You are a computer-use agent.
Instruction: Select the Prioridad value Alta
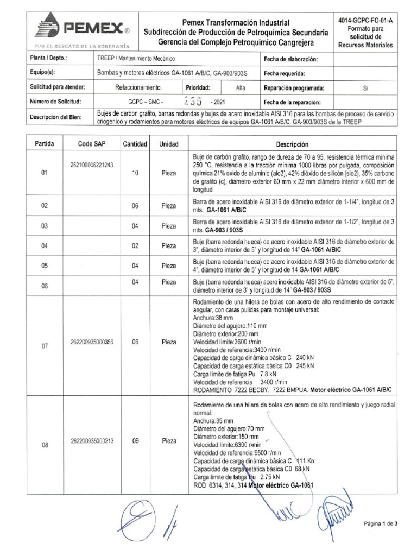tap(241, 87)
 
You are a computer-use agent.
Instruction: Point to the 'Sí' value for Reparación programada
tap(365, 87)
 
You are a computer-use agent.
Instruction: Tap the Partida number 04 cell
tap(45, 246)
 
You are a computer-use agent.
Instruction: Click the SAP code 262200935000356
tap(92, 342)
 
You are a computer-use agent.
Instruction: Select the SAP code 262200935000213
tap(92, 441)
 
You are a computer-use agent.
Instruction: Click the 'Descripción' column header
tap(292, 144)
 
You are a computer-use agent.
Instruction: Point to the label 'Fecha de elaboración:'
tap(290, 59)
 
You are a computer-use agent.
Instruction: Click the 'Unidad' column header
tap(168, 144)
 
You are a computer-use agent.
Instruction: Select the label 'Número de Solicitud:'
tap(56, 102)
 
